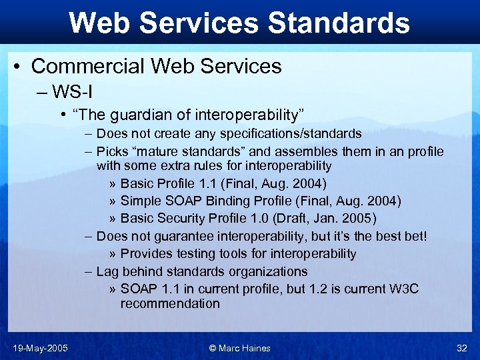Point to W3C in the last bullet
pos(405,289)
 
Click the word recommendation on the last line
pos(169,303)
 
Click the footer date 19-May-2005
pos(40,348)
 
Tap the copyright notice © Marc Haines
pos(239,348)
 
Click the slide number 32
pos(462,348)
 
